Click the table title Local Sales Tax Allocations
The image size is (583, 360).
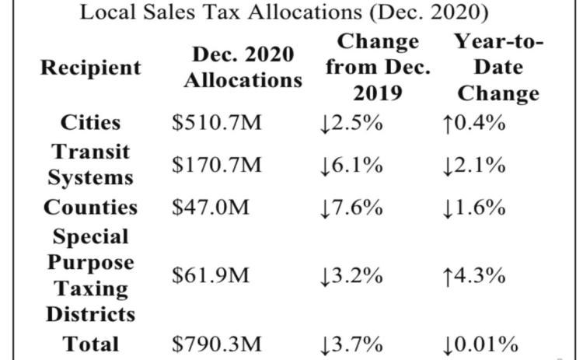pos(284,12)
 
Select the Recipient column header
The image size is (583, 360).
pos(91,68)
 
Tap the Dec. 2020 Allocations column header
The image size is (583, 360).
pos(243,68)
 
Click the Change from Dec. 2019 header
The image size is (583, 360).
pos(378,68)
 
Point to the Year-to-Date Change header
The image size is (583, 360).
pos(498,68)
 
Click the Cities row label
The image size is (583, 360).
pos(90,123)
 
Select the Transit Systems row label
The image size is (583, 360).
pos(90,164)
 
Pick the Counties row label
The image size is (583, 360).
pos(90,207)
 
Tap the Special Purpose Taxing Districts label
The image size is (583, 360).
pos(90,275)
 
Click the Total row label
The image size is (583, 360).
pos(90,344)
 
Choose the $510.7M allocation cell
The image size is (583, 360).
pos(217,123)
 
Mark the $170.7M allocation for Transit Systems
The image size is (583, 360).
pos(217,165)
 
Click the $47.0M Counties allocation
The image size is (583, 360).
pos(211,207)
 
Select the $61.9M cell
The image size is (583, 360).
pos(211,275)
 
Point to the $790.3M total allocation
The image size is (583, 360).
pos(217,344)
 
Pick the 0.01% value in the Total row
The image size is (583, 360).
pos(486,344)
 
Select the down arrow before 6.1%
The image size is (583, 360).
pos(326,166)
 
